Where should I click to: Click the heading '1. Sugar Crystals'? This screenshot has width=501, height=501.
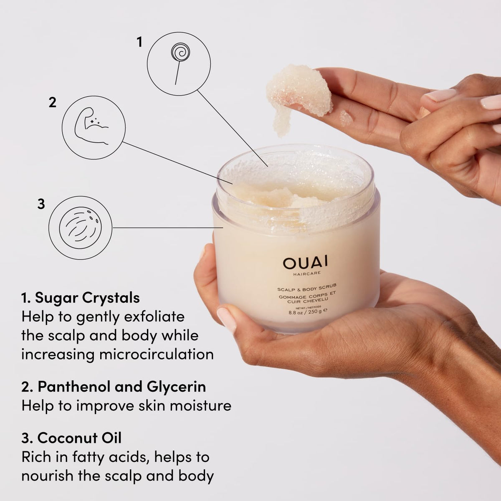click(81, 298)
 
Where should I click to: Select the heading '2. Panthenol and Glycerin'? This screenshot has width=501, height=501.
click(114, 387)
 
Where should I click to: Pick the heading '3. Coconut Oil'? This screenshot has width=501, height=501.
click(71, 438)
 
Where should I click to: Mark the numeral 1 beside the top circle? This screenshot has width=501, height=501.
click(139, 42)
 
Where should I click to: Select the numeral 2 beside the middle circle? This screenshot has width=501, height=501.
click(52, 103)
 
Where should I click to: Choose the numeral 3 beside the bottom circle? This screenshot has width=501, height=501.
click(41, 204)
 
